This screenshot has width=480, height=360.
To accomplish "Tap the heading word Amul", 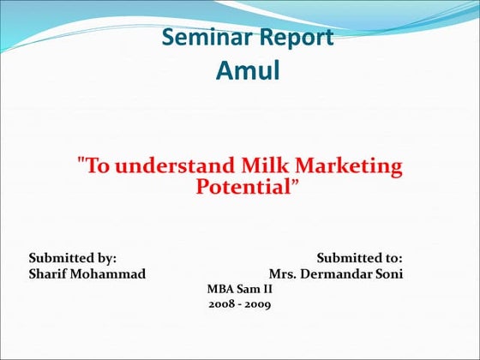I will pyautogui.click(x=248, y=69).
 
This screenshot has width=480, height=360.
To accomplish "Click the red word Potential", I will pyautogui.click(x=244, y=186).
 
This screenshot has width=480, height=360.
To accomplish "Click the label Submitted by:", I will pyautogui.click(x=73, y=257).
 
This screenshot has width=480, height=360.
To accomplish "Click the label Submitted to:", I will pyautogui.click(x=359, y=257).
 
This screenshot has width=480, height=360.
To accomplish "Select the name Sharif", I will pyautogui.click(x=51, y=273).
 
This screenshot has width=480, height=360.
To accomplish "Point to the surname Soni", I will pyautogui.click(x=387, y=273).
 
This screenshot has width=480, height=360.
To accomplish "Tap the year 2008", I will pyautogui.click(x=222, y=304).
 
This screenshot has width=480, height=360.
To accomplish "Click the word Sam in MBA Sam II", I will pyautogui.click(x=247, y=289).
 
